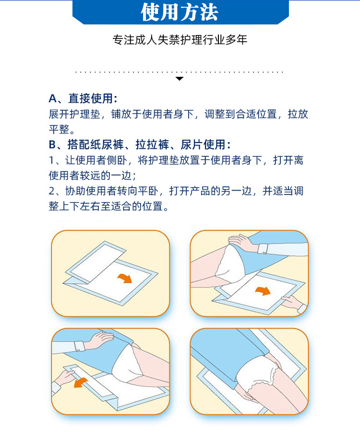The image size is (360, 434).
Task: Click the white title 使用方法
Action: pos(180,12)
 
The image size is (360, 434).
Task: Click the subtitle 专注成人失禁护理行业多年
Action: pos(180,40)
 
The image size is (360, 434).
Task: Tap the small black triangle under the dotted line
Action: pos(180,78)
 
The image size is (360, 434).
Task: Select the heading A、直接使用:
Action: pos(83,99)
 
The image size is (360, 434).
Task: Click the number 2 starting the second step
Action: pos(52,191)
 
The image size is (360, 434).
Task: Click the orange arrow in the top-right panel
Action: pos(263,290)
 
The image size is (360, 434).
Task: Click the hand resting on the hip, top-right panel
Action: pos(240,243)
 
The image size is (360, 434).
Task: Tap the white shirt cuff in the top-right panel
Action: pos(263,248)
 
